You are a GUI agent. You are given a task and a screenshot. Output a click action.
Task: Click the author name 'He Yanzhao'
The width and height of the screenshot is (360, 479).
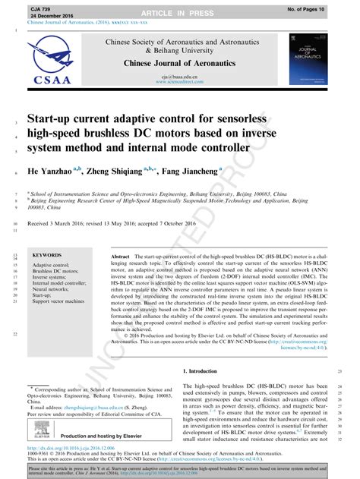(x=52, y=172)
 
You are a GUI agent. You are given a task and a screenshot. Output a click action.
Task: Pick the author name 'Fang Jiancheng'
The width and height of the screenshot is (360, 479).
(x=188, y=172)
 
